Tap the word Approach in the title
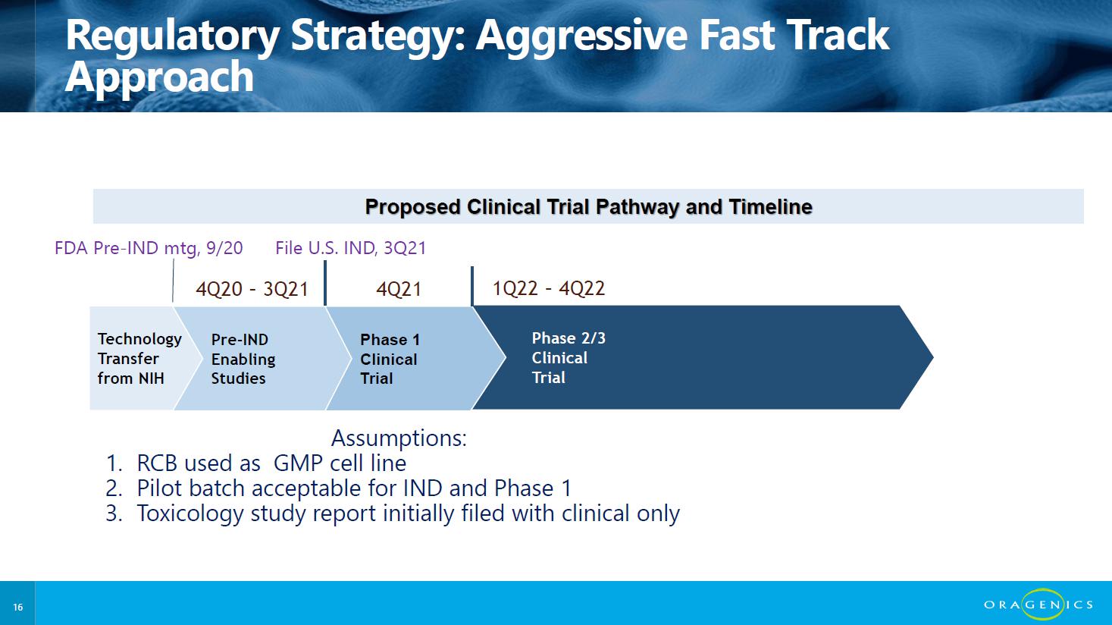click(159, 77)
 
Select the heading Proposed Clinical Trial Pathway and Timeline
click(588, 206)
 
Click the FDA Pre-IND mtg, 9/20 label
click(149, 248)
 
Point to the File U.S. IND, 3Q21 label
click(351, 248)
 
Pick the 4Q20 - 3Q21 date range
click(252, 289)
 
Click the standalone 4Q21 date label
click(399, 289)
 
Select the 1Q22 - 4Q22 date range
click(549, 288)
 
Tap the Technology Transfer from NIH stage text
click(139, 358)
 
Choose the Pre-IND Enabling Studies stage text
click(243, 359)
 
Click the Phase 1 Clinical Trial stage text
click(390, 359)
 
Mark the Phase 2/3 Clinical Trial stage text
click(569, 358)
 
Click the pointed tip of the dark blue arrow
click(933, 357)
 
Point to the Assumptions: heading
click(399, 438)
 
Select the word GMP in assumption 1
click(298, 463)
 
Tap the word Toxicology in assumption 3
click(190, 514)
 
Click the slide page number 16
click(18, 607)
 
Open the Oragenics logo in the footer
click(1038, 604)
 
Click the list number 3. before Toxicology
click(114, 514)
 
